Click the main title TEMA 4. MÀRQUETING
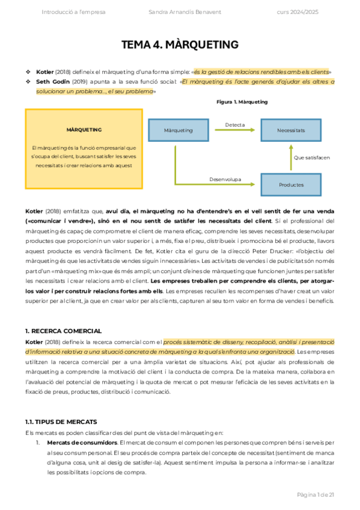tap(180, 45)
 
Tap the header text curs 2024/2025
tap(297, 13)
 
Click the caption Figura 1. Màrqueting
tap(242, 102)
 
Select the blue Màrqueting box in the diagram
tap(178, 130)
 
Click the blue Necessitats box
tap(291, 130)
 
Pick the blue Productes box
tap(291, 185)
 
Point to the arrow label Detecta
tap(235, 125)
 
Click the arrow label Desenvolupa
tap(225, 179)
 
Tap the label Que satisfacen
tap(311, 158)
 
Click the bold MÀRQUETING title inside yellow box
tap(84, 130)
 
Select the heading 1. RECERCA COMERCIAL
tap(63, 331)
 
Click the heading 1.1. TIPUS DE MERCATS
tap(61, 422)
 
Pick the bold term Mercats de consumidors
tap(82, 443)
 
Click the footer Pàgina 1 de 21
tap(316, 494)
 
